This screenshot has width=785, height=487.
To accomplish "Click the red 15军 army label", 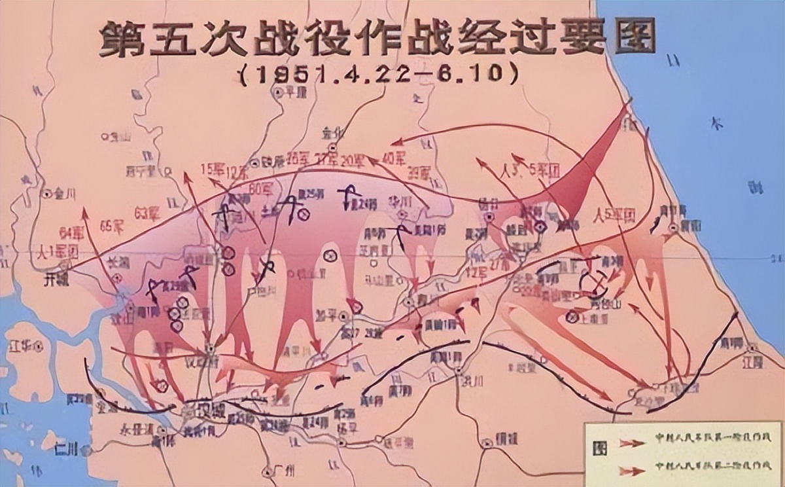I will [212, 168].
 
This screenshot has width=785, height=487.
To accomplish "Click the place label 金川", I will [63, 194].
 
